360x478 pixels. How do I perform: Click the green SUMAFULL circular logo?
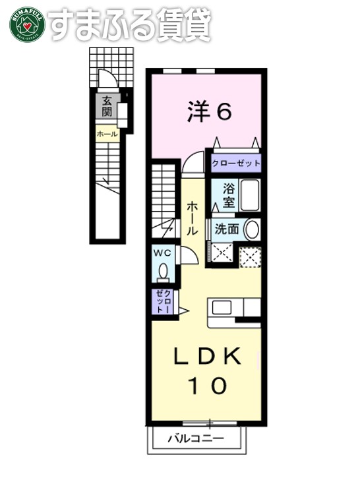pos(27,24)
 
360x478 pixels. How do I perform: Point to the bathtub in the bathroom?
pos(250,195)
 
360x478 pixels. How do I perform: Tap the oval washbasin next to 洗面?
pos(251,231)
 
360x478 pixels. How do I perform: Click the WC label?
pos(162,252)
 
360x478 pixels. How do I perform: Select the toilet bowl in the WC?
pos(162,271)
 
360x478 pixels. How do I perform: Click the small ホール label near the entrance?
pos(106,134)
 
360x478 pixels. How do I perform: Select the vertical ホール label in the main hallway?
pos(192,218)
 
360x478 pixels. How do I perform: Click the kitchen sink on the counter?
pos(222,308)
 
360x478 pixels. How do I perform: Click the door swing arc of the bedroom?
pos(193,163)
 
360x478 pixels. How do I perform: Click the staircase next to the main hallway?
pos(165,198)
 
